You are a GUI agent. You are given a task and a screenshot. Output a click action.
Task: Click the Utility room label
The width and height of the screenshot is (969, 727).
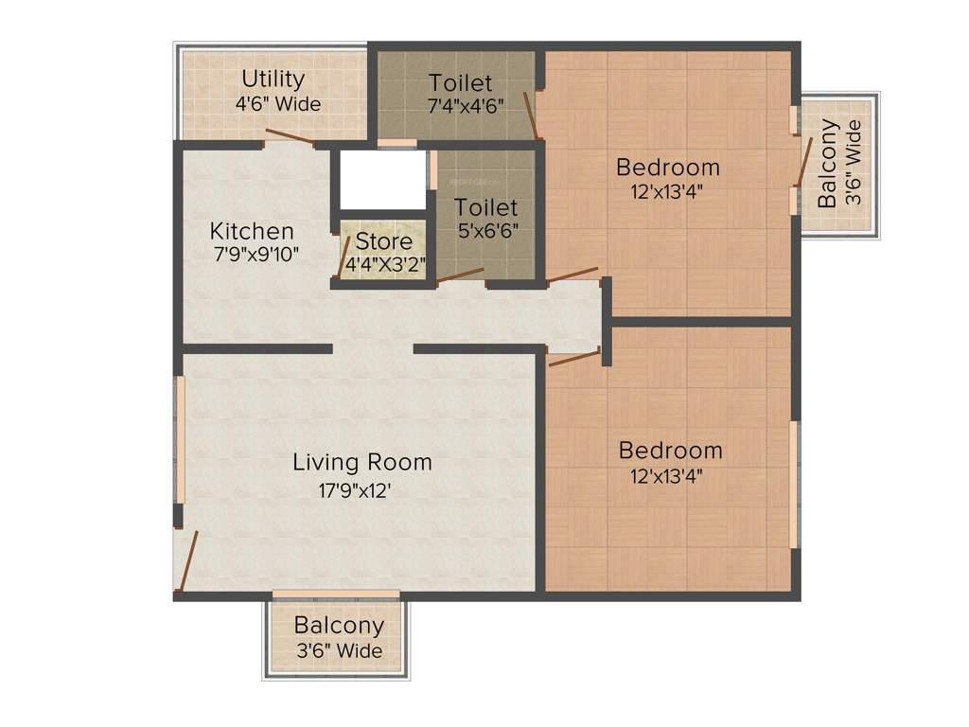click(x=273, y=79)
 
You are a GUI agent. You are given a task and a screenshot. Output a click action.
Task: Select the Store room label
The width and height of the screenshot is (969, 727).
click(x=383, y=241)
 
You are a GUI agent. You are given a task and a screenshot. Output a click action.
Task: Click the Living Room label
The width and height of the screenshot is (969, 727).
click(x=361, y=462)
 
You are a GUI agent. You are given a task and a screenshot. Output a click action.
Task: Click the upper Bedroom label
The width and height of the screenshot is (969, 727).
click(x=667, y=168)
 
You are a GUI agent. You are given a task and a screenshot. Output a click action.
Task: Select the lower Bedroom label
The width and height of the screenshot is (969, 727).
click(x=670, y=450)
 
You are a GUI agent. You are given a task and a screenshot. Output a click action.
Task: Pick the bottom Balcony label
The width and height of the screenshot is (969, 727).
click(x=339, y=626)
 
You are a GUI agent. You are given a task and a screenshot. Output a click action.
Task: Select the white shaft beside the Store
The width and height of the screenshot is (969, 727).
click(x=382, y=179)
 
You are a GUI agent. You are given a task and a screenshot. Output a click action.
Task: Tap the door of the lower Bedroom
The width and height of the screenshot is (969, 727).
click(x=574, y=358)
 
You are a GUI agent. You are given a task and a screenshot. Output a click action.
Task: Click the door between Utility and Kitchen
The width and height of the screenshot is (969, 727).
click(x=290, y=137)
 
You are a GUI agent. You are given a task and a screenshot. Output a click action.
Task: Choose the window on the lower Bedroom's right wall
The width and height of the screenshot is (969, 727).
click(x=794, y=484)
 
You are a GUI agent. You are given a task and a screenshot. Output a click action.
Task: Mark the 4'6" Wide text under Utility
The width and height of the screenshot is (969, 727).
click(x=278, y=104)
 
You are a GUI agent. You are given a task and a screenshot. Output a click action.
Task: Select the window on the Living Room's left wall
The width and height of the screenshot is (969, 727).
click(x=179, y=441)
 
